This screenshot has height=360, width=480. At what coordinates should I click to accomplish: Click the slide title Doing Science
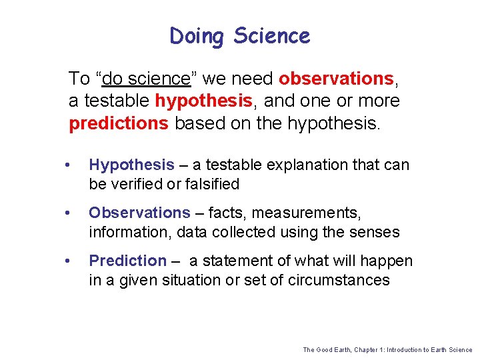[240, 36]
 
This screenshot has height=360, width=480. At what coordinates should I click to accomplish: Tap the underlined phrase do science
[146, 79]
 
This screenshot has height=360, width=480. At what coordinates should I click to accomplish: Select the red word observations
[337, 79]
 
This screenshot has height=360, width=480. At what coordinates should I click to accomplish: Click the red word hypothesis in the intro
[203, 101]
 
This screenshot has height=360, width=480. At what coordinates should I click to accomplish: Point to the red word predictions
[119, 124]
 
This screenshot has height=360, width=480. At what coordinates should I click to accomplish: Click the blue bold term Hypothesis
[131, 165]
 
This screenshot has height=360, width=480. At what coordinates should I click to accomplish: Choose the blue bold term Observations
[139, 213]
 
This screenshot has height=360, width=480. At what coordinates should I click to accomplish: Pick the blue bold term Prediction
[127, 261]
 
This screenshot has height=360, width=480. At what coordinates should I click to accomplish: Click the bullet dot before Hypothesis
[69, 165]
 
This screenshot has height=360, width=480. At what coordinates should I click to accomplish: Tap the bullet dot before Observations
[69, 213]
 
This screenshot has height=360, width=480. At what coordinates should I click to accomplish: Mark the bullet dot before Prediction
[69, 261]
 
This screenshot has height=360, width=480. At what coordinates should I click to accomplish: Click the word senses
[375, 232]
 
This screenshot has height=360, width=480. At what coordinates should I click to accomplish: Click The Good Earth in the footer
[325, 349]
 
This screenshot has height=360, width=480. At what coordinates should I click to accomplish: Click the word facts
[225, 213]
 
